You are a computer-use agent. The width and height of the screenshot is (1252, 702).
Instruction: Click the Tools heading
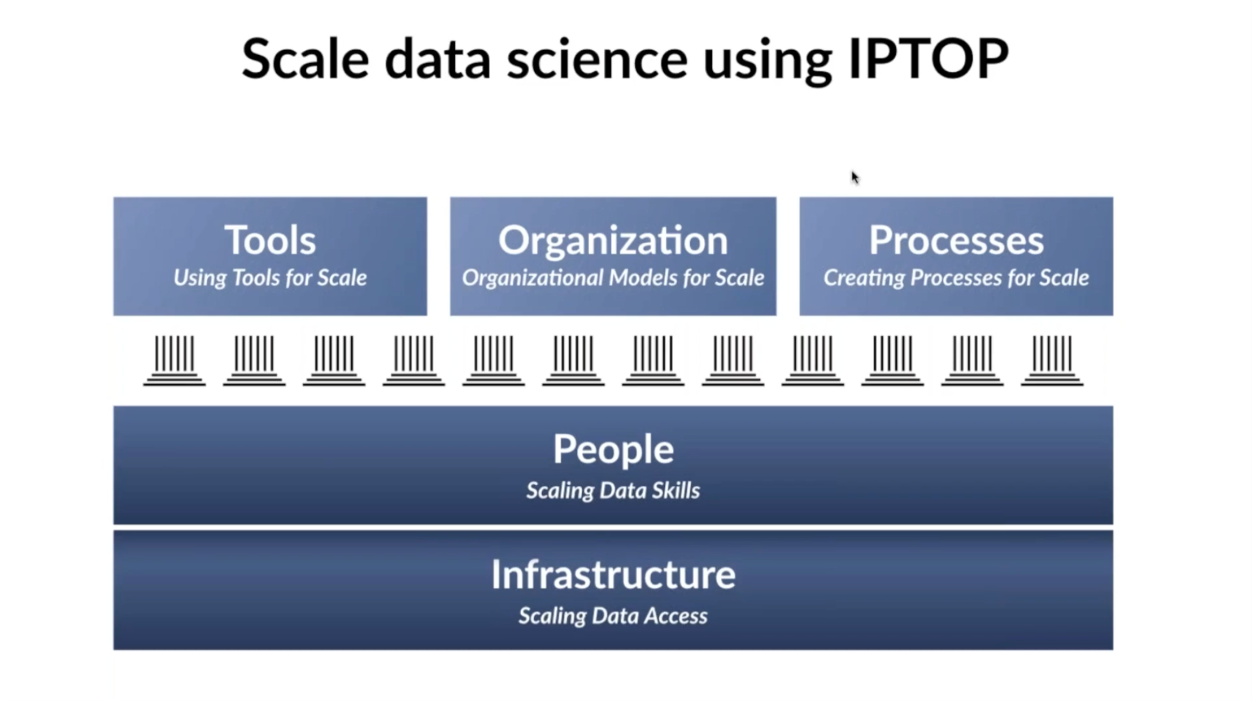(270, 240)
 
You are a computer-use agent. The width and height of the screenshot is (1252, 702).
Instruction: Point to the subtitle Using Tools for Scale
(270, 278)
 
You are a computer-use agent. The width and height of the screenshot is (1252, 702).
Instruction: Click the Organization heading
(613, 240)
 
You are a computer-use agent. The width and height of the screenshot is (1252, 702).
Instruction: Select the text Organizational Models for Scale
(613, 278)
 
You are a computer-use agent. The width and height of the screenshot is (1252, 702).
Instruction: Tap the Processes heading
(956, 240)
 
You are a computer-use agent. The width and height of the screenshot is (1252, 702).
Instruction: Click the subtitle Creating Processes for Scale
(956, 278)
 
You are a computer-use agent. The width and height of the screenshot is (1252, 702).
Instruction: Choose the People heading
(613, 449)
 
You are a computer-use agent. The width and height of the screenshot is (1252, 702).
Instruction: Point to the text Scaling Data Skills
(613, 490)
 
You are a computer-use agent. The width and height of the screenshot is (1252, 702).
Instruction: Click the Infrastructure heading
(613, 574)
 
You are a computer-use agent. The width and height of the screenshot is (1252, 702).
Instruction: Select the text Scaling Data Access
(613, 616)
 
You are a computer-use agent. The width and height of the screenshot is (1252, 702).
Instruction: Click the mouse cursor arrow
(854, 177)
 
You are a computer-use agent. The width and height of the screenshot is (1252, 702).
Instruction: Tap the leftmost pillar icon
(174, 360)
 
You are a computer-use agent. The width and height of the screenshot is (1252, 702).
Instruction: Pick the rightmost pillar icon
(1052, 360)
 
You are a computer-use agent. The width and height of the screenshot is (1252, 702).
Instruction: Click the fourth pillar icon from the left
(414, 360)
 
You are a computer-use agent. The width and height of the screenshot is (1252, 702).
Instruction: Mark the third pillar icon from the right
(892, 360)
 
